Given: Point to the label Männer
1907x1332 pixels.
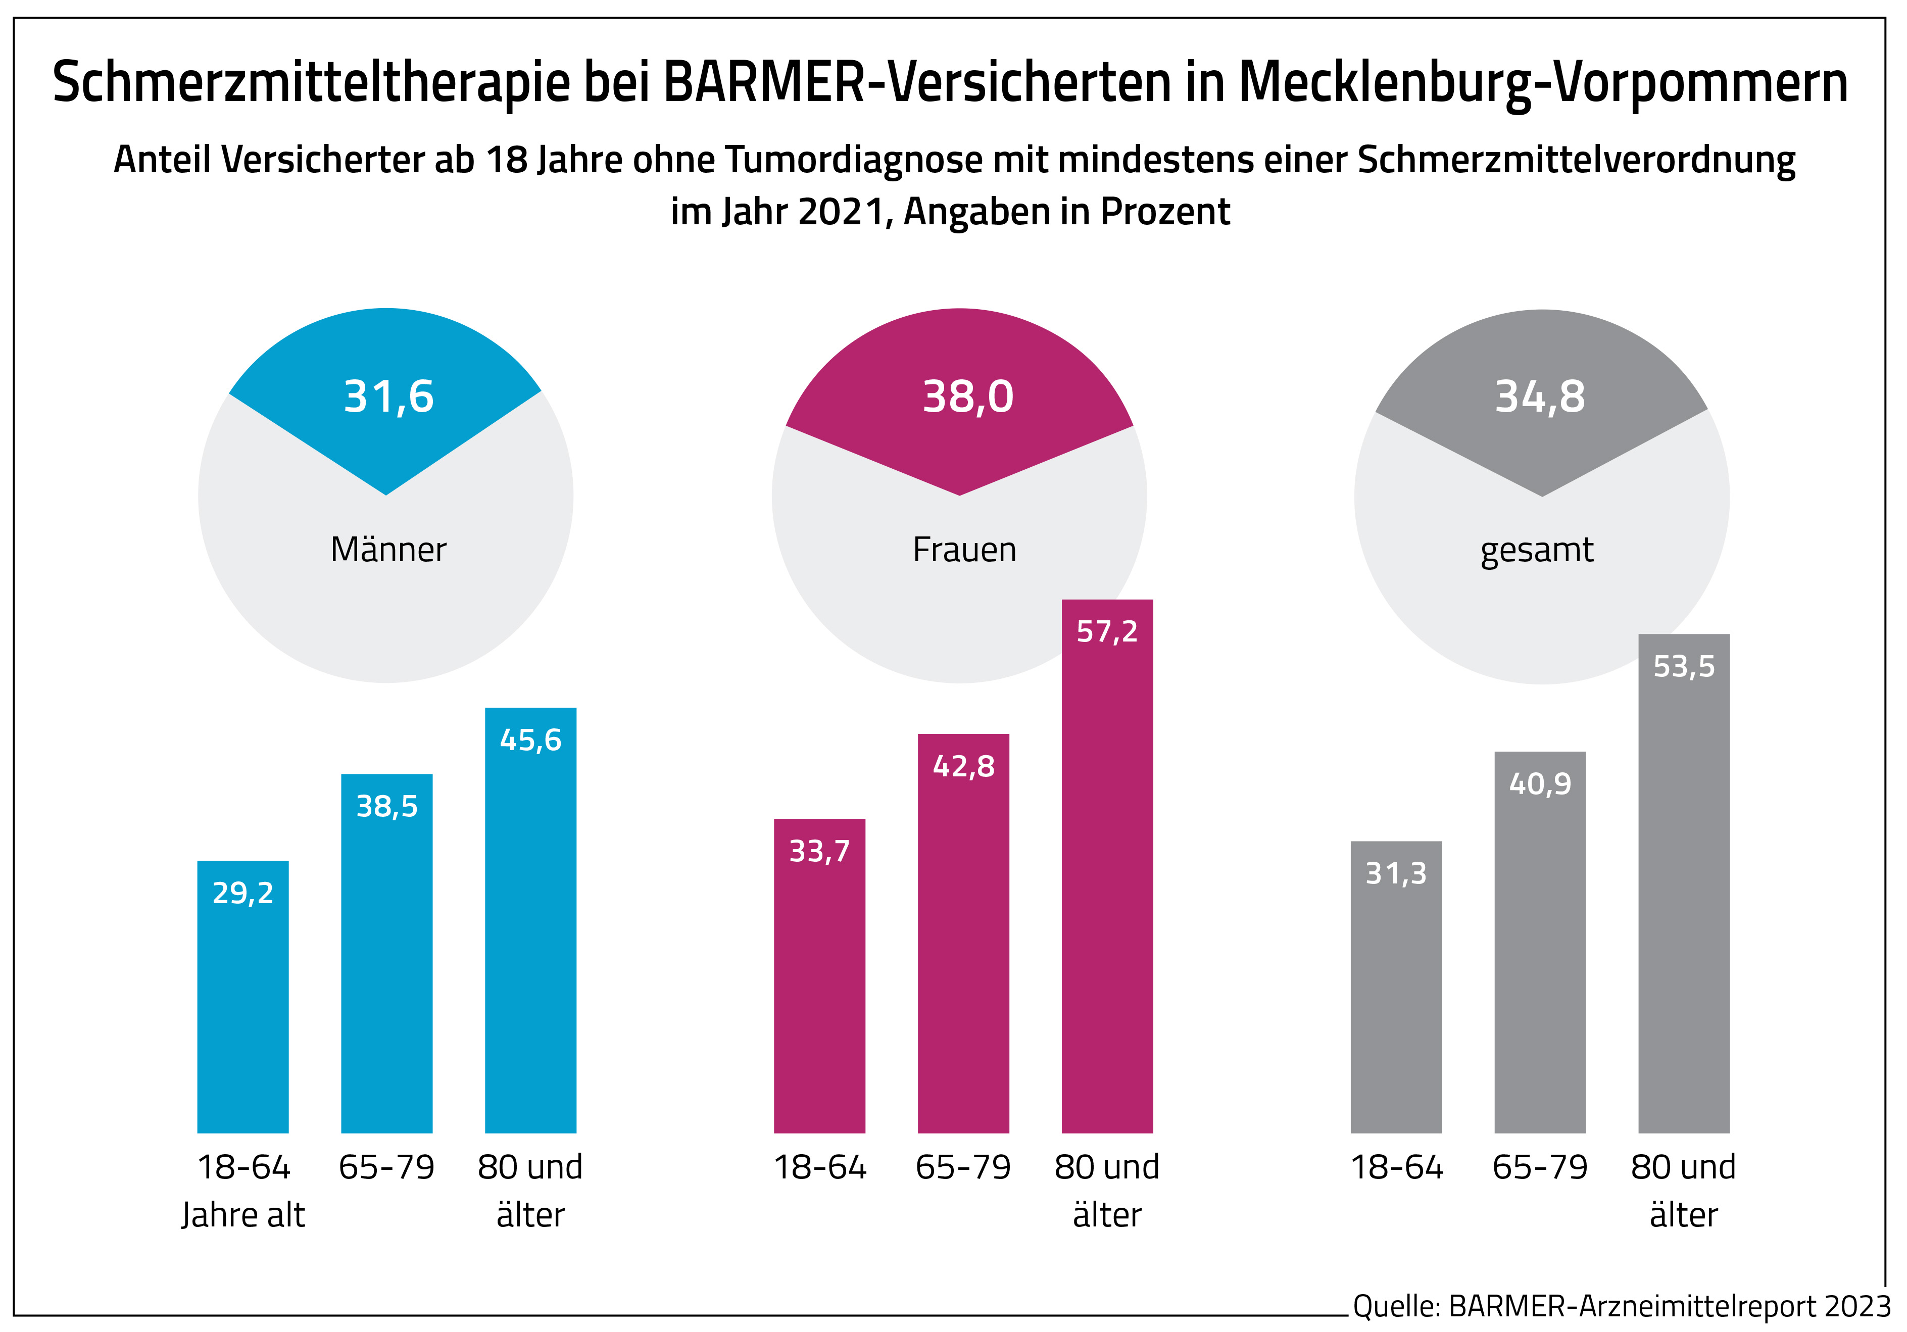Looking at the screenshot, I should click(388, 550).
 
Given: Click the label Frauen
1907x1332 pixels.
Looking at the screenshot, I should click(964, 550).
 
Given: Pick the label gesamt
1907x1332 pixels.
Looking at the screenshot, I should click(1537, 550).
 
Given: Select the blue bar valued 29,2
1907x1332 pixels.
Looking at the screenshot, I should click(242, 997).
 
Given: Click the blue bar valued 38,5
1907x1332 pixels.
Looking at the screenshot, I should click(387, 955).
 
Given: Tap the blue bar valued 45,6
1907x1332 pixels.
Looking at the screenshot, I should click(531, 922).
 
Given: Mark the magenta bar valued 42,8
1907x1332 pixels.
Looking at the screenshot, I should click(963, 934).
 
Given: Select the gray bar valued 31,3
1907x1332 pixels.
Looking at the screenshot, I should click(1396, 988).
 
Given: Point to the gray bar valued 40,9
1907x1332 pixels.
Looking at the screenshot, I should click(1540, 943).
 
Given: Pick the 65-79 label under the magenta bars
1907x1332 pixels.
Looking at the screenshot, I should click(963, 1167).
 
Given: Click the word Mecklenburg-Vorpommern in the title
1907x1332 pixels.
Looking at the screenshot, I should click(1543, 83).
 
